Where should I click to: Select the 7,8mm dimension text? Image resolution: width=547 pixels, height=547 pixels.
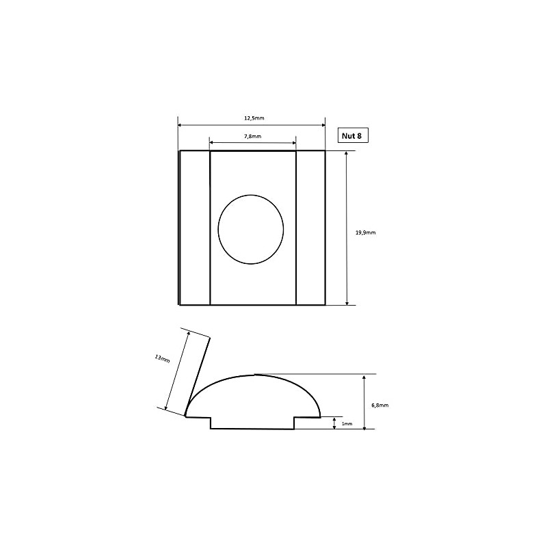[x=252, y=136]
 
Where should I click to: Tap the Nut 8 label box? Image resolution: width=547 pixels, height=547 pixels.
[x=354, y=135]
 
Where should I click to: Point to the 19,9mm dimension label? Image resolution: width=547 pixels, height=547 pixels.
[x=366, y=232]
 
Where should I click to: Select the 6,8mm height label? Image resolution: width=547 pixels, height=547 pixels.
[x=379, y=405]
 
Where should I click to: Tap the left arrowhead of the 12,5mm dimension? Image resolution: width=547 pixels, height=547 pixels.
[x=180, y=125]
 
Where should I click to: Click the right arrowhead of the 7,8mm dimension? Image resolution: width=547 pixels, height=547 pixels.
[x=294, y=142]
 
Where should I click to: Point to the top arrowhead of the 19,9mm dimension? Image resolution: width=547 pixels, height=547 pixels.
[x=347, y=154]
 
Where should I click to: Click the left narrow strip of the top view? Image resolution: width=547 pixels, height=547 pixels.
[x=195, y=228]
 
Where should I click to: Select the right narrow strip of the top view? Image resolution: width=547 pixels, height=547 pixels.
[x=310, y=228]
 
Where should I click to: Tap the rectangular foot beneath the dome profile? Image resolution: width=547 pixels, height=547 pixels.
[x=252, y=423]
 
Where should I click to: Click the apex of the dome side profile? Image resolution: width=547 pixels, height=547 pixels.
[x=254, y=375]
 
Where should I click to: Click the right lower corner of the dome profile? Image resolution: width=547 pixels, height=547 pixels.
[x=320, y=416]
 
